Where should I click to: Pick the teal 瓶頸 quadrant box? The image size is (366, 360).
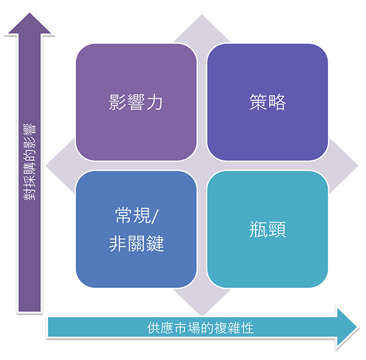pyautogui.click(x=267, y=261)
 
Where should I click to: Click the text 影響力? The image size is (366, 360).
pyautogui.click(x=136, y=102)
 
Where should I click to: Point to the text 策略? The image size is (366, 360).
pyautogui.click(x=267, y=102)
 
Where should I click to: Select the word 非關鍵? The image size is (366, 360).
pyautogui.click(x=136, y=243)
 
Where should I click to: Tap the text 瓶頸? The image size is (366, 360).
pyautogui.click(x=267, y=230)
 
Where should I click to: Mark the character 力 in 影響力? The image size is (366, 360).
pyautogui.click(x=155, y=102)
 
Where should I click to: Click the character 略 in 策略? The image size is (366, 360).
pyautogui.click(x=277, y=102)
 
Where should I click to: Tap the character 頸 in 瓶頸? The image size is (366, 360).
pyautogui.click(x=277, y=230)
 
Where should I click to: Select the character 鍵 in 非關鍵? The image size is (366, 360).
pyautogui.click(x=155, y=243)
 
